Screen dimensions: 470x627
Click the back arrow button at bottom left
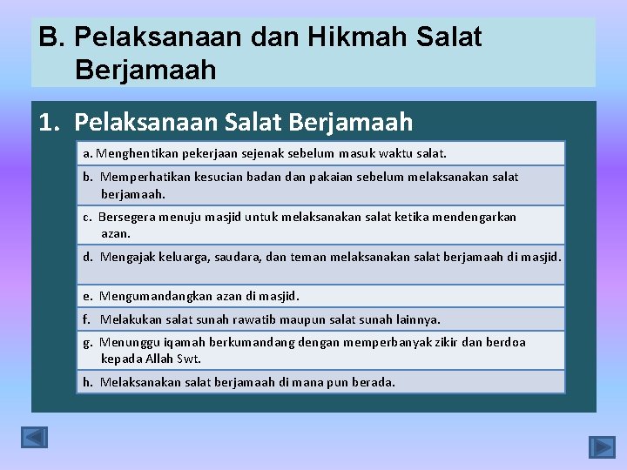click(34, 437)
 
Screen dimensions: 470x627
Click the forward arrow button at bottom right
click(602, 447)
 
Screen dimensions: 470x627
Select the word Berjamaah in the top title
click(145, 70)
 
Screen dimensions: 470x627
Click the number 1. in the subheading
click(51, 122)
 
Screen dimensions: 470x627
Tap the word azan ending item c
click(116, 234)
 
